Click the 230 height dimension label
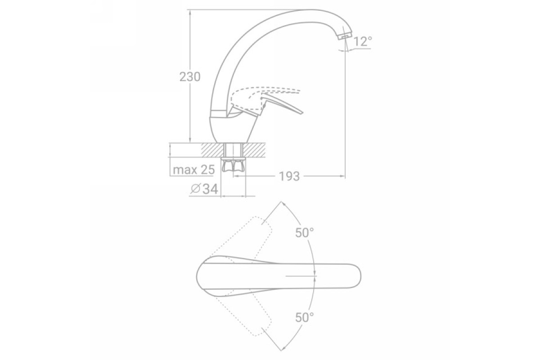pos(190,77)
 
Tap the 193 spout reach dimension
pos(289,176)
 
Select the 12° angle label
pos(363,41)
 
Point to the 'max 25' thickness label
pos(193,170)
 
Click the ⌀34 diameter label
pos(204,189)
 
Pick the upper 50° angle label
pos(305,233)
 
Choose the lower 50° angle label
pos(305,318)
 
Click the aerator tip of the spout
pos(345,36)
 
